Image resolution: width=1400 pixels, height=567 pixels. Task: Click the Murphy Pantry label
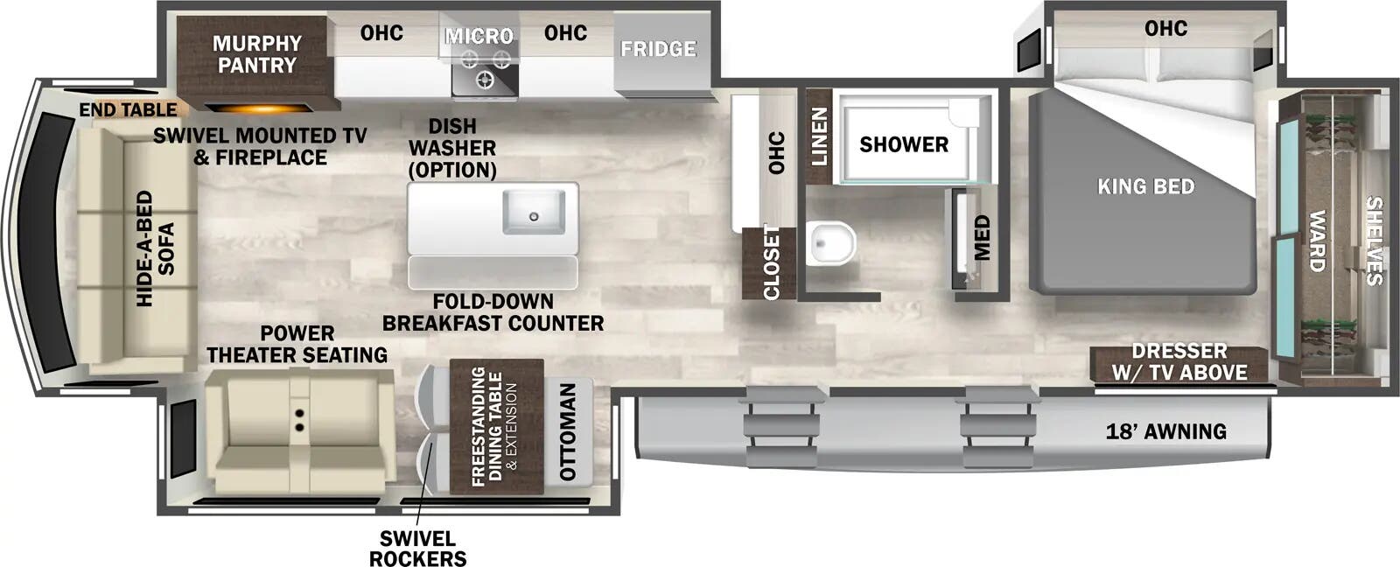click(256, 54)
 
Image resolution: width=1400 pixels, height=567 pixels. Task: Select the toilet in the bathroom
click(830, 242)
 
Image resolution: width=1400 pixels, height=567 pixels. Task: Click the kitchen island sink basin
click(533, 212)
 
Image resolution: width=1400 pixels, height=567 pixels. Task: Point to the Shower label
click(904, 144)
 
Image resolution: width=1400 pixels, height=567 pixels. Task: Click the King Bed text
click(1145, 186)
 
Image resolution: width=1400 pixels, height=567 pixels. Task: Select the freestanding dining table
click(495, 426)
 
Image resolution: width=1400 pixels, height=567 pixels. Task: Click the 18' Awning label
click(1165, 430)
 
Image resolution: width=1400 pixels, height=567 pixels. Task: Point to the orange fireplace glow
click(259, 109)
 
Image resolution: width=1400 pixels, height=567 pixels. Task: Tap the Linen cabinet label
click(819, 136)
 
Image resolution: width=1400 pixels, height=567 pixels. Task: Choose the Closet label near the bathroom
click(771, 262)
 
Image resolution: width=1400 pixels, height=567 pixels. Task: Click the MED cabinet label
click(982, 238)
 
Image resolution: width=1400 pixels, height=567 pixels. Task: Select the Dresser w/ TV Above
click(1179, 362)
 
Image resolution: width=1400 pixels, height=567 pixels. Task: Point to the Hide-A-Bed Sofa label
click(156, 248)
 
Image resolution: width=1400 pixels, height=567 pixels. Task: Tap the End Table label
click(128, 110)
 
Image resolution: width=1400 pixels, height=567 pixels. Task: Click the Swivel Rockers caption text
click(417, 549)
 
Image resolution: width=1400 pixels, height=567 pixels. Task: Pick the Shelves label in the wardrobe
click(1374, 241)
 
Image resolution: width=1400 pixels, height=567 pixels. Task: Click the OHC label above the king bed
click(1165, 29)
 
